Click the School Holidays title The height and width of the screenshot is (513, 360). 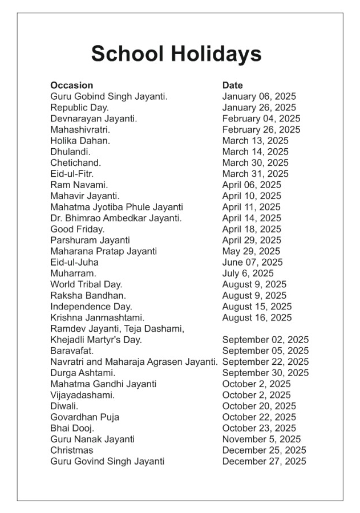coord(176,54)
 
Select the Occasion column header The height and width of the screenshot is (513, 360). coord(71,85)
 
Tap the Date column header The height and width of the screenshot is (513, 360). coord(232,85)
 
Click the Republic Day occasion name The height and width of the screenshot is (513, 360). coord(79,108)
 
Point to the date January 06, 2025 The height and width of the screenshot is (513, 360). coord(259,97)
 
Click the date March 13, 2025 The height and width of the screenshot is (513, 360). coord(256,141)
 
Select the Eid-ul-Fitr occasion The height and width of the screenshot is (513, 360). coord(72,174)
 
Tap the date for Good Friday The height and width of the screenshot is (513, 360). coord(252,229)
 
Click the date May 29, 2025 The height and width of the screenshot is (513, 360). coord(251,251)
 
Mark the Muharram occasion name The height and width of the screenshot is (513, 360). coord(73,274)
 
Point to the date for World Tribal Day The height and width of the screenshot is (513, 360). coord(254,284)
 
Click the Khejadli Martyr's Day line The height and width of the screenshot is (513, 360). coord(96,340)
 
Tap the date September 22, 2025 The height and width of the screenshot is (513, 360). coord(265,362)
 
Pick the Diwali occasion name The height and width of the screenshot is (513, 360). coord(64,406)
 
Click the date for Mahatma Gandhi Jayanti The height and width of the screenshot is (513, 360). coord(256,384)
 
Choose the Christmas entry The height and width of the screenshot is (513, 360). coord(71,450)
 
